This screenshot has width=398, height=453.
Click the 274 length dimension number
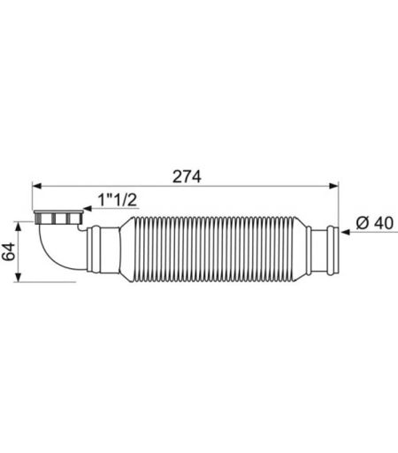(187, 177)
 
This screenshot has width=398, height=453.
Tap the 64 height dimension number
(9, 251)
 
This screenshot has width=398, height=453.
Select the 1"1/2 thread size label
(118, 200)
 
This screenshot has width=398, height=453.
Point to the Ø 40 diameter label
(374, 223)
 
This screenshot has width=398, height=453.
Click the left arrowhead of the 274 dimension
(36, 186)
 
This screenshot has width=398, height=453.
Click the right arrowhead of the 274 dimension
(334, 186)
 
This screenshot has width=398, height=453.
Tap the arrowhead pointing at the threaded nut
(88, 209)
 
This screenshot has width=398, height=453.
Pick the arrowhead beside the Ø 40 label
(346, 232)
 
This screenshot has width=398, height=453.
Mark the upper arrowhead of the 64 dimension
(19, 226)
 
